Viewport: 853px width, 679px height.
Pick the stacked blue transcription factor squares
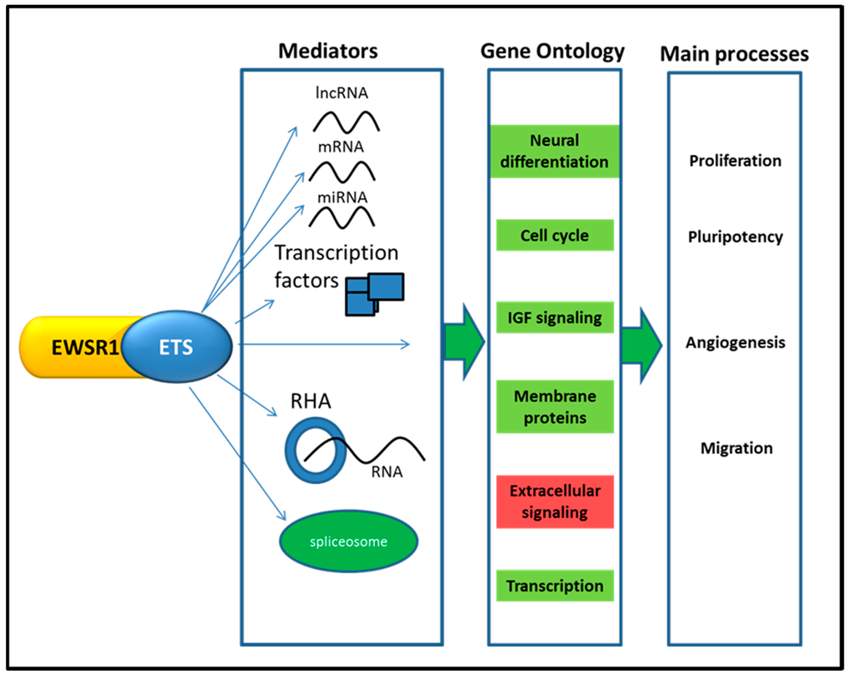(x=374, y=292)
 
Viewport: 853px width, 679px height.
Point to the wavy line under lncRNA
(x=346, y=120)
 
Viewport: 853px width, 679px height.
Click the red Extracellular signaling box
(x=555, y=502)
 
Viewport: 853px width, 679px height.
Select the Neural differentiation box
(x=555, y=151)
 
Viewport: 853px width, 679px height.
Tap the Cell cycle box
(x=555, y=236)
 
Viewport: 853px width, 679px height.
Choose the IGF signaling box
(x=555, y=317)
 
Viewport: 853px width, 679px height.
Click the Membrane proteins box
(x=555, y=407)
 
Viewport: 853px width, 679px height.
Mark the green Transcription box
(x=555, y=586)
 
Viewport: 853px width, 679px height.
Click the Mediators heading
(x=327, y=51)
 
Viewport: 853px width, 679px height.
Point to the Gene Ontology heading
(x=552, y=51)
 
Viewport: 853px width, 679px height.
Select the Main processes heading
(x=734, y=54)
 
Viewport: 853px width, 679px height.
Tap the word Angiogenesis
(x=735, y=342)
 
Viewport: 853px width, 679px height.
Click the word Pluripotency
(x=735, y=237)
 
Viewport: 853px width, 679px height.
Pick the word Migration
(x=736, y=448)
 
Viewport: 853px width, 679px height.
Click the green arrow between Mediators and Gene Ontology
(x=465, y=341)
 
